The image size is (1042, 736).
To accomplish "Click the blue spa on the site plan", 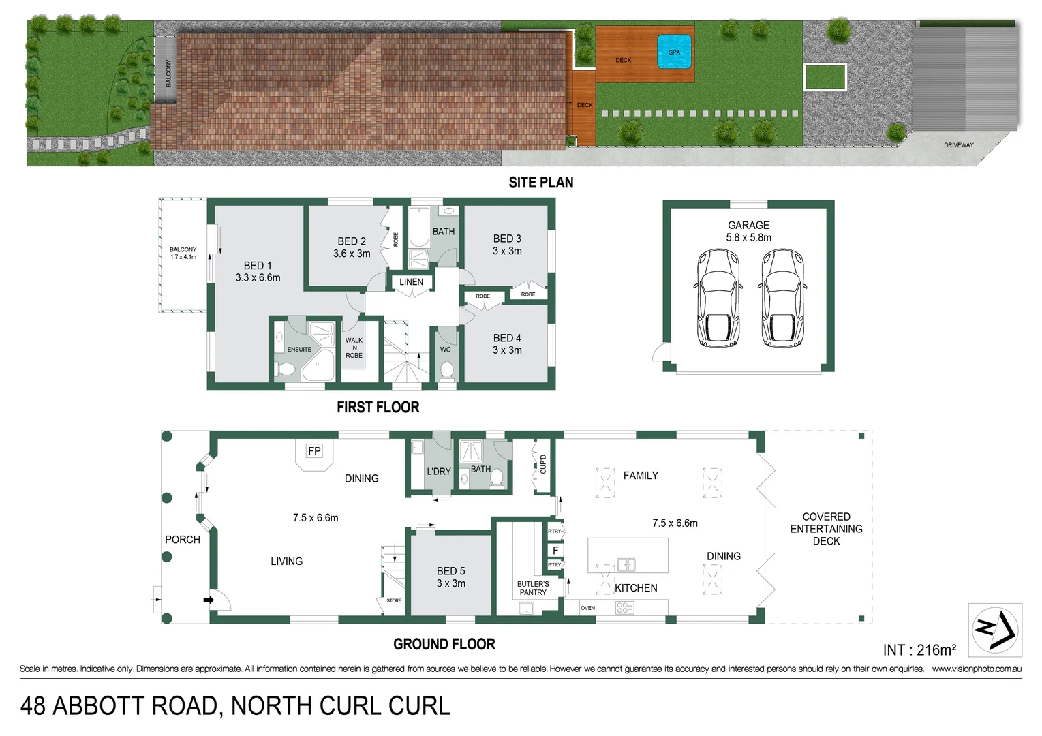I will point(674,52).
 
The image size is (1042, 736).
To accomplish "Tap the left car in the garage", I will point(718,298).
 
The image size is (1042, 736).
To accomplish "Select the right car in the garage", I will point(782,298).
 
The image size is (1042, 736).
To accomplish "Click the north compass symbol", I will point(994,629).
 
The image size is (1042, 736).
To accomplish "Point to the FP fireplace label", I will point(314,451).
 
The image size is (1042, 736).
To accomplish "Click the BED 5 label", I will point(451,571).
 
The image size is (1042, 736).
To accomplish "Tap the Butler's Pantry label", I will point(533,588).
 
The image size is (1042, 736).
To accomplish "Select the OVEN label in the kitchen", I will point(588,608).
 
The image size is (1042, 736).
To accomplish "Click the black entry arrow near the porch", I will point(209,600).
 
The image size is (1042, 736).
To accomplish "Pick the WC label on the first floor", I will point(445,350).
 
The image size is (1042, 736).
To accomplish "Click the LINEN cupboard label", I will point(411,282).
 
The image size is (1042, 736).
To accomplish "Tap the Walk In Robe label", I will point(354,348).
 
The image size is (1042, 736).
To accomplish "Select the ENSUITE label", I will point(299,350).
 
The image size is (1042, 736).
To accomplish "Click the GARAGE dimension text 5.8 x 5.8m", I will point(748,238).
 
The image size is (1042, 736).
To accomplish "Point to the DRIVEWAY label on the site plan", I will point(958,145).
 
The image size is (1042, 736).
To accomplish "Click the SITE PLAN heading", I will point(541,183).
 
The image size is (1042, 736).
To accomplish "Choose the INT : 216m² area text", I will point(919,650).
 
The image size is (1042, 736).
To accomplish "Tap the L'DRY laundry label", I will point(439,472).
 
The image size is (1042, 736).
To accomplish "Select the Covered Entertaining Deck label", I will point(826,529).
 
